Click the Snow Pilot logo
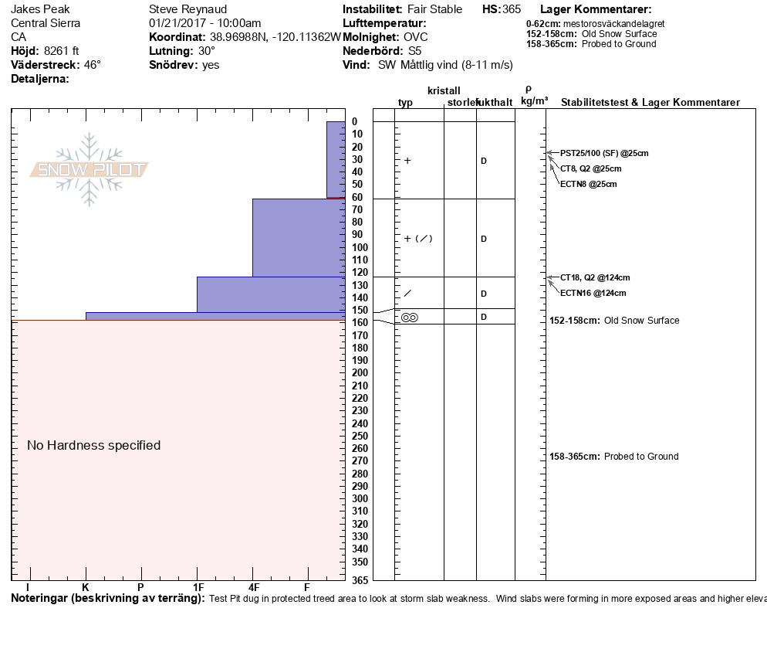(90, 170)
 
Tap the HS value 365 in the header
(512, 9)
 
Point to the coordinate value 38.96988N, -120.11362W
(275, 37)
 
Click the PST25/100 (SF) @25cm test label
(604, 153)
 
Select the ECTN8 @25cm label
(588, 184)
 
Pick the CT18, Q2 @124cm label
(595, 277)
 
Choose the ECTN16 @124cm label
(593, 293)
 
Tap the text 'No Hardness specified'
(93, 445)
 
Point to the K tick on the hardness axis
(85, 588)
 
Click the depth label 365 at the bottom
(360, 580)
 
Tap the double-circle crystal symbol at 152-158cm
(409, 317)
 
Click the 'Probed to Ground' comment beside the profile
(641, 457)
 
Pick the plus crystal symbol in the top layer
(407, 161)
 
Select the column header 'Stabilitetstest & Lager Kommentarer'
(650, 103)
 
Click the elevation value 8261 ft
(62, 51)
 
